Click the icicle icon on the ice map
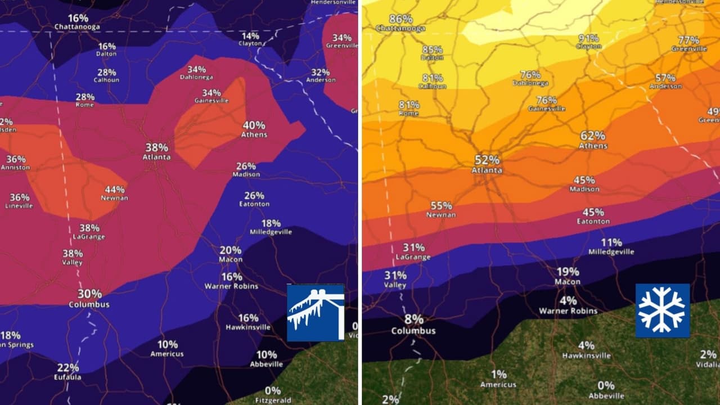[x=316, y=313]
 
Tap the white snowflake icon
[x=662, y=310]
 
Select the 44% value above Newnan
[x=114, y=190]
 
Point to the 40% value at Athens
[x=254, y=125]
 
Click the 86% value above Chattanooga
[x=400, y=19]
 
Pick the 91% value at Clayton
[x=588, y=38]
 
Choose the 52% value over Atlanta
[x=487, y=160]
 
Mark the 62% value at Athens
[x=593, y=136]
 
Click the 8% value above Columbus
[x=413, y=319]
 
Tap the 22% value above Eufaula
[x=68, y=367]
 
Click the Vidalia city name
[x=708, y=364]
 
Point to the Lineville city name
[x=19, y=206]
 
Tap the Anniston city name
[x=15, y=168]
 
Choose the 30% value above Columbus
[x=89, y=294]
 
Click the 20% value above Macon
[x=230, y=250]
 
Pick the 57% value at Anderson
[x=665, y=78]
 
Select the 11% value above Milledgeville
[x=611, y=242]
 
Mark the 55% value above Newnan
[x=441, y=205]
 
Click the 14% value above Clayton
[x=250, y=35]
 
